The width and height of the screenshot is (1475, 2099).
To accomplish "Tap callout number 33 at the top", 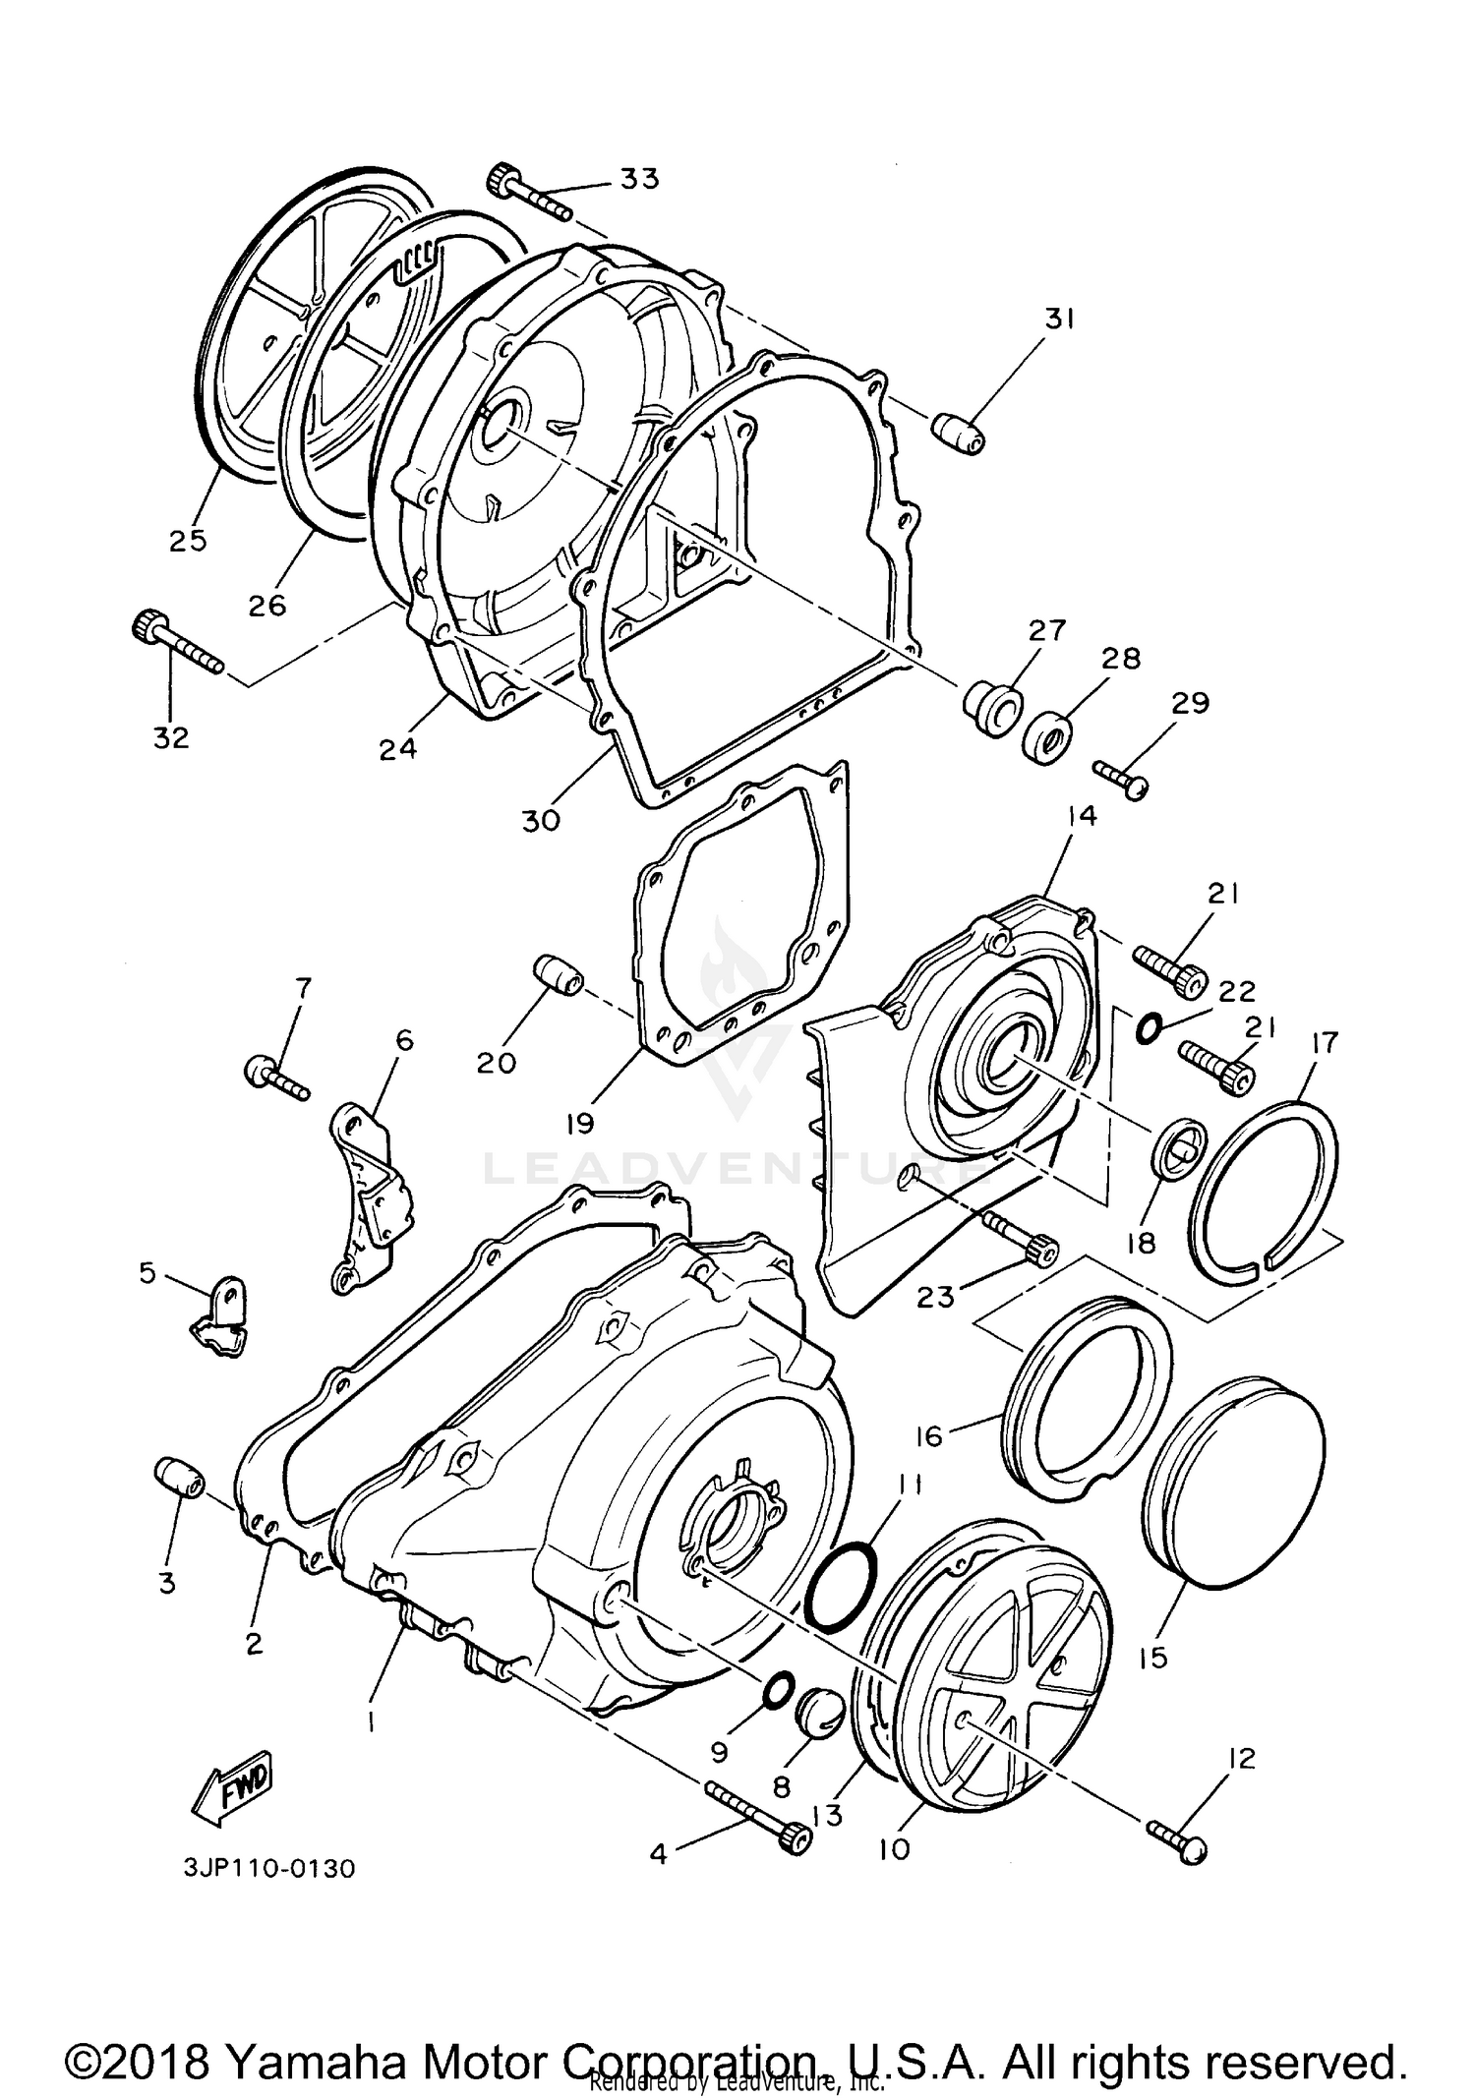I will click(639, 179).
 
